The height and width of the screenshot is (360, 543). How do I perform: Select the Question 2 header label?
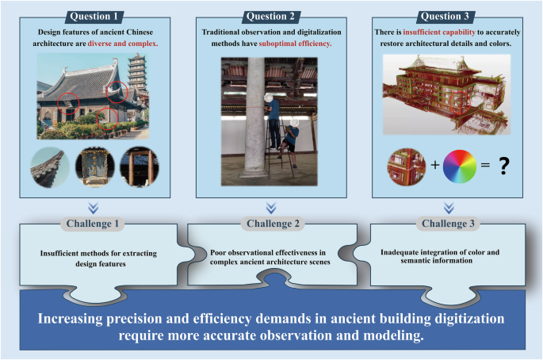[271, 15]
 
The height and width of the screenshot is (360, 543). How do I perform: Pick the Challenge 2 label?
[271, 224]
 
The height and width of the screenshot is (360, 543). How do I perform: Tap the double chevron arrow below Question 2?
[271, 207]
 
